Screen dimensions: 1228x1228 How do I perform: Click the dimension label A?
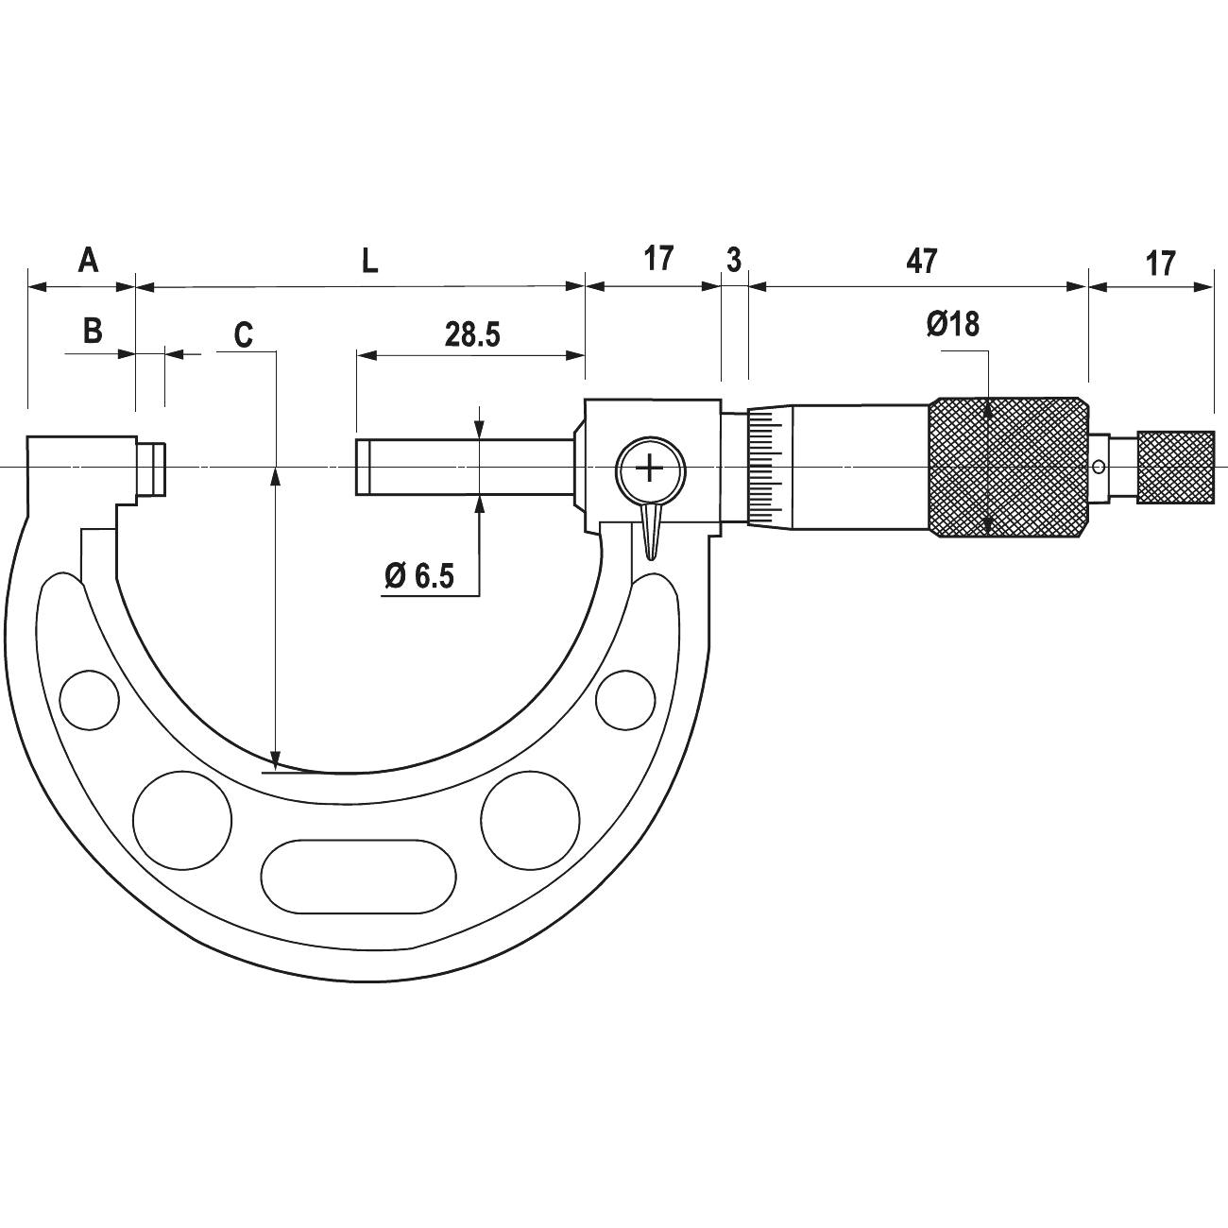click(x=89, y=260)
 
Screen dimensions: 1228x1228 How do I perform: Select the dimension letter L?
click(x=369, y=262)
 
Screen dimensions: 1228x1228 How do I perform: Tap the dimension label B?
click(x=93, y=332)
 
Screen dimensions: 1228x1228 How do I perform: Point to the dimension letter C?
click(x=244, y=335)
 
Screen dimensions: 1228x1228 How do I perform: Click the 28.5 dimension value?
click(x=472, y=335)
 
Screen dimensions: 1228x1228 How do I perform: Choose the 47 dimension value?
click(x=922, y=262)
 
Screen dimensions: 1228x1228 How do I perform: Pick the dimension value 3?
click(x=734, y=261)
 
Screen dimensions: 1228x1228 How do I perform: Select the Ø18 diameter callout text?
click(x=953, y=325)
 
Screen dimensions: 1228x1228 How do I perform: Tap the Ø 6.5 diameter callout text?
click(x=418, y=576)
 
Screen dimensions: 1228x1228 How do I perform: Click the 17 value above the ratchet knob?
click(x=1160, y=264)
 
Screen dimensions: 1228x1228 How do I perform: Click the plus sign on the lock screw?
click(x=650, y=469)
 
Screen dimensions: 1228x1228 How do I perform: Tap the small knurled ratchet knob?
click(x=1175, y=468)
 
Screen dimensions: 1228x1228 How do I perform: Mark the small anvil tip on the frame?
click(x=152, y=469)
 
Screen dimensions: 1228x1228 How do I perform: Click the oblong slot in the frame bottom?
click(x=359, y=877)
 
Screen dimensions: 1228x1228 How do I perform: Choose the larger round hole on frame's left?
click(x=182, y=820)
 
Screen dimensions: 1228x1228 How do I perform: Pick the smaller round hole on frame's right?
click(x=625, y=700)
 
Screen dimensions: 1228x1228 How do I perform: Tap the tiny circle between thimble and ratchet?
click(x=1098, y=468)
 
